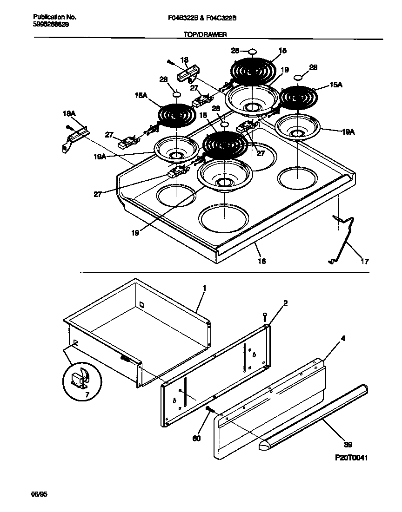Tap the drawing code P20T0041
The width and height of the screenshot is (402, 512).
tap(351, 458)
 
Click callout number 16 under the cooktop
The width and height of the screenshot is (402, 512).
tap(262, 261)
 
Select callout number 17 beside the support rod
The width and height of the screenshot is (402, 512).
tap(364, 262)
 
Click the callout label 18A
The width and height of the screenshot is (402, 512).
tap(69, 113)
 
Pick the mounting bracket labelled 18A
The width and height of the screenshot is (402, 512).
tap(74, 138)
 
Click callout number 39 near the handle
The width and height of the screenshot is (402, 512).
tap(348, 444)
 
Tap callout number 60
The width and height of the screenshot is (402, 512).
tap(197, 438)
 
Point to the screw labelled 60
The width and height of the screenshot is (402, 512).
tap(210, 409)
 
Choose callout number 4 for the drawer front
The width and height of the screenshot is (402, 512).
tap(343, 339)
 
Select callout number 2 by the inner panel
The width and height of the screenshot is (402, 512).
tap(285, 303)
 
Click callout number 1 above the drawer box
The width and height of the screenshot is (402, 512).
tap(204, 289)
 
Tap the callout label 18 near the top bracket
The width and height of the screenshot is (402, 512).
tap(184, 60)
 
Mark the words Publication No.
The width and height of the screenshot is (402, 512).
tap(55, 17)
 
